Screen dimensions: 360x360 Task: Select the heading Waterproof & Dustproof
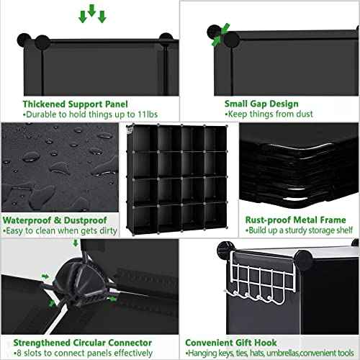click(54, 220)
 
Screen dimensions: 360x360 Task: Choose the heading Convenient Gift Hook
click(230, 343)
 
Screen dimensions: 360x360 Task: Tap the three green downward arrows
click(92, 14)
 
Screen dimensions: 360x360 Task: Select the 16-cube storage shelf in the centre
click(177, 176)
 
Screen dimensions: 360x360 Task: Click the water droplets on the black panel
click(58, 162)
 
